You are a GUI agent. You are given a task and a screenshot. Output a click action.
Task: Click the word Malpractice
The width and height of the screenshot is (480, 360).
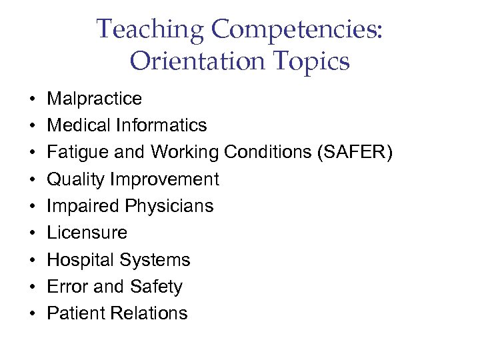[94, 99]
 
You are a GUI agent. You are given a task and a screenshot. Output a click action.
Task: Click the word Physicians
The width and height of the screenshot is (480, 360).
[169, 206]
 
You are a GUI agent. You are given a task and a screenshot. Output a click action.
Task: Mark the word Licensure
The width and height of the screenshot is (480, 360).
[87, 233]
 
